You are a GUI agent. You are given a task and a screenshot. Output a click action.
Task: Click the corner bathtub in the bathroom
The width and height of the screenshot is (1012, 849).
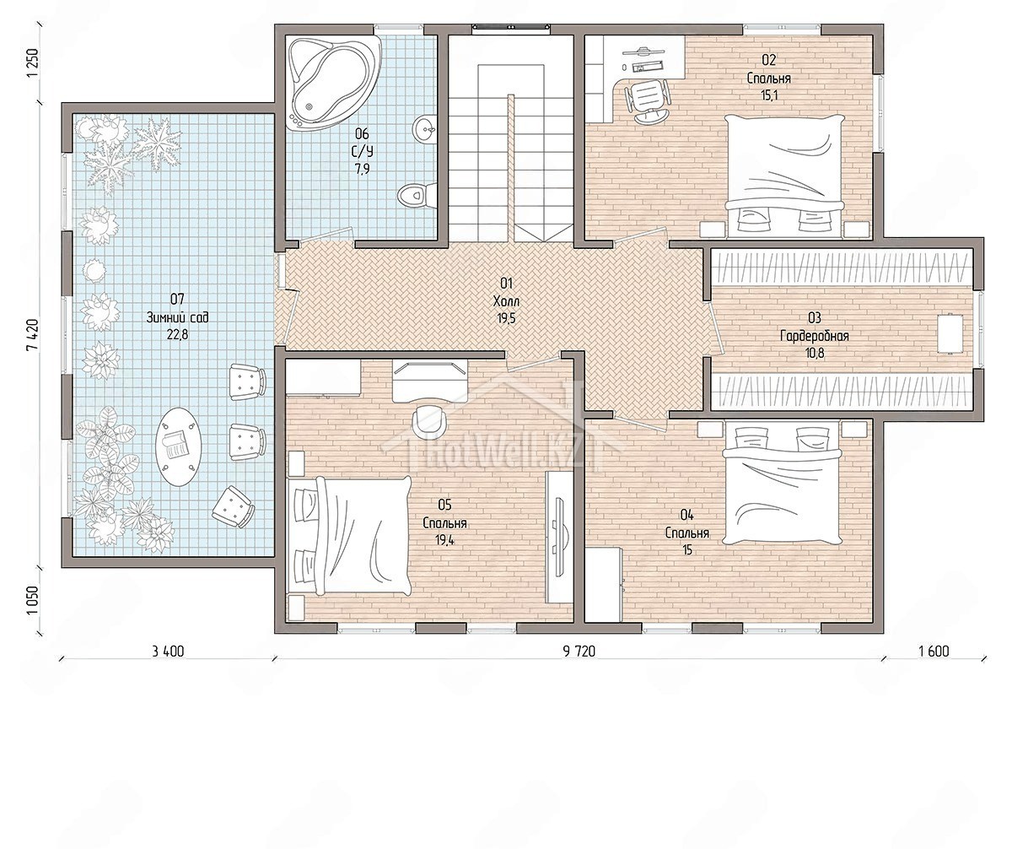pyautogui.click(x=333, y=83)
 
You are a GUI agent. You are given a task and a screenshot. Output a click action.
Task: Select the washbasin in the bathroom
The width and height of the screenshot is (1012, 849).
pyautogui.click(x=425, y=128)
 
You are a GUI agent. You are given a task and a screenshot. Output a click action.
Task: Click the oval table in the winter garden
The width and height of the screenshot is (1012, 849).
pyautogui.click(x=178, y=446)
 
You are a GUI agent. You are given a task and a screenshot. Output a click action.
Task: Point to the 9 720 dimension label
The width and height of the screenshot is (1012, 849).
pyautogui.click(x=579, y=652)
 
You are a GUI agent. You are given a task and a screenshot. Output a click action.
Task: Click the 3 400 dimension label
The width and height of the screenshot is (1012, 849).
pyautogui.click(x=168, y=651)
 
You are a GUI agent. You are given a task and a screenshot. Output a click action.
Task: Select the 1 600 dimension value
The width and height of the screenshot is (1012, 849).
pyautogui.click(x=934, y=651)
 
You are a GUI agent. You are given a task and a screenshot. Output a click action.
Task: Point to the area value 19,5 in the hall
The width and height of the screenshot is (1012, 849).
pyautogui.click(x=506, y=319)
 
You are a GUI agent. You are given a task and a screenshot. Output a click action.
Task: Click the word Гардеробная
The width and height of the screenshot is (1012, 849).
pyautogui.click(x=815, y=336)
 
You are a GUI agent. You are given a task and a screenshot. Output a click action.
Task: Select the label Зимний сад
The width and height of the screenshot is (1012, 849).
pyautogui.click(x=177, y=317)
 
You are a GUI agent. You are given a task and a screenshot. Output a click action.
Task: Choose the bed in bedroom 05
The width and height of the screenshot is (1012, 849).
pyautogui.click(x=349, y=536)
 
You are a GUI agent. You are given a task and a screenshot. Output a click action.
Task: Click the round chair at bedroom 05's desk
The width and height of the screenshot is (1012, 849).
pyautogui.click(x=429, y=419)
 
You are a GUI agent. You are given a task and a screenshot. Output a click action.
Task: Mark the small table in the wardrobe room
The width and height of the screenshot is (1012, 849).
pyautogui.click(x=950, y=334)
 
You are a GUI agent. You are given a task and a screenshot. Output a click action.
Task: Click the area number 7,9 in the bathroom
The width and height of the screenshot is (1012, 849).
pyautogui.click(x=362, y=169)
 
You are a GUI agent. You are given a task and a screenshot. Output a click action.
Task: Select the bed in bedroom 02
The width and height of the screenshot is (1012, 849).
pyautogui.click(x=785, y=176)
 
